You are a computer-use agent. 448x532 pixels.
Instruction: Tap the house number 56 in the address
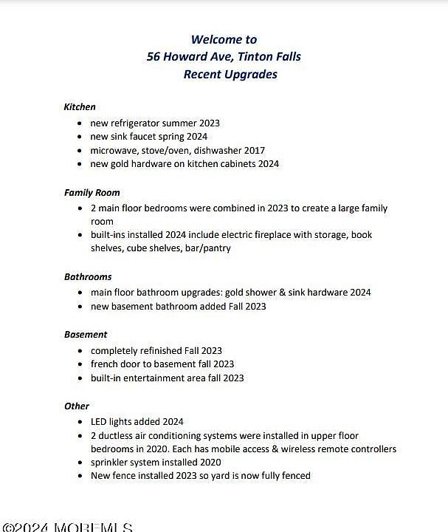pos(154,57)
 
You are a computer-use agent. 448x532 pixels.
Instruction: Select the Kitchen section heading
pos(80,106)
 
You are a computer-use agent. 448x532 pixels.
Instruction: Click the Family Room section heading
pos(92,192)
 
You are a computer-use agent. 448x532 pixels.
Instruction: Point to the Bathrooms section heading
pos(88,276)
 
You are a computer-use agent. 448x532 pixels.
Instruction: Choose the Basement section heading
pos(86,334)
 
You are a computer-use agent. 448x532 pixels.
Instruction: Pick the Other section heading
pos(77,406)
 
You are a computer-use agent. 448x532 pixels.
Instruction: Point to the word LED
pos(100,421)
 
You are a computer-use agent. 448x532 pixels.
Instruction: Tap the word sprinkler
pos(111,462)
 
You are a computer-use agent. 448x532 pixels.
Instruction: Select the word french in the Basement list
pos(106,364)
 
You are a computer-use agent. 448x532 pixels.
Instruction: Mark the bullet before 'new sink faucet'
pos(80,137)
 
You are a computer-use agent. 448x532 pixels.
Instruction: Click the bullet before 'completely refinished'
pos(80,350)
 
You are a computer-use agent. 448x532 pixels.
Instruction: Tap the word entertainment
pos(165,378)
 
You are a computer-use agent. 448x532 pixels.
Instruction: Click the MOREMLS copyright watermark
pos(66,527)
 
